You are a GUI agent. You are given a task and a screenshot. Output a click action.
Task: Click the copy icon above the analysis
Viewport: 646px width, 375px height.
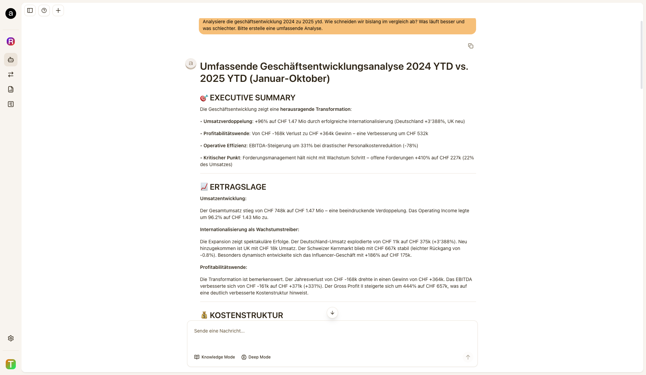coord(471,46)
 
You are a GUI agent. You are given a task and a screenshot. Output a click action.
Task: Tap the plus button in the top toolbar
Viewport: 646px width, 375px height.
coord(58,10)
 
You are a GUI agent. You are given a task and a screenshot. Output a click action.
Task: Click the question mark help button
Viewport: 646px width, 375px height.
coord(44,10)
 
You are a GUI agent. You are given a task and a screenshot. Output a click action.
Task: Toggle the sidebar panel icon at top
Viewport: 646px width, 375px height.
coord(30,10)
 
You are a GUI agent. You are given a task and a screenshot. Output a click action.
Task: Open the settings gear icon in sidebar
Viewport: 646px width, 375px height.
coord(11,338)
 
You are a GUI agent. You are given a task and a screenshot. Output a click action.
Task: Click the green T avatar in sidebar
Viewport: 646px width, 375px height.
coord(11,364)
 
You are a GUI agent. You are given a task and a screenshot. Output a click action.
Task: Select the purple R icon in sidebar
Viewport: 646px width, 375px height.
coord(11,41)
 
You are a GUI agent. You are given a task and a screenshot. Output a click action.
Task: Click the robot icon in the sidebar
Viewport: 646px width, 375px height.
coord(11,60)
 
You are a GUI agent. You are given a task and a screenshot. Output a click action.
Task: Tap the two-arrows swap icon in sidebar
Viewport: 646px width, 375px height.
coord(11,74)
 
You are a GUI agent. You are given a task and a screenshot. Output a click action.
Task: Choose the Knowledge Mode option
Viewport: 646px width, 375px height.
coord(215,357)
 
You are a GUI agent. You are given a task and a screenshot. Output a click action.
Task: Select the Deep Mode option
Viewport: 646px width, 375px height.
coord(256,357)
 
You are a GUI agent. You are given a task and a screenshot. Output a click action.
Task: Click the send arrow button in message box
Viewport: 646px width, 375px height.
coord(468,357)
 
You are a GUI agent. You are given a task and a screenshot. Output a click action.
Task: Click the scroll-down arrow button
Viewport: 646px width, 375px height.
coord(332,313)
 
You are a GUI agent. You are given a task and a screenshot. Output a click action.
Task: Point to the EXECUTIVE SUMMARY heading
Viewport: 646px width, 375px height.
coord(252,98)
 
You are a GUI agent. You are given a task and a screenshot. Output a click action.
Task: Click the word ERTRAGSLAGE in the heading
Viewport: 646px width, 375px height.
coord(238,187)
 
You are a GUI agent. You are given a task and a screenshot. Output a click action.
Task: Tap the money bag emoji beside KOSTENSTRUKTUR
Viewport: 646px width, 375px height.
coord(204,315)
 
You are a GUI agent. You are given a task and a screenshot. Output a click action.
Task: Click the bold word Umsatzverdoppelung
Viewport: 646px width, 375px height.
coord(228,121)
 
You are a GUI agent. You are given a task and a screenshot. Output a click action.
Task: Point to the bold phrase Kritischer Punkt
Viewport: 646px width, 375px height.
coord(222,158)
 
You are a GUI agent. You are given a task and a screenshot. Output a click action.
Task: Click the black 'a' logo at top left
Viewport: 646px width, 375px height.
coord(11,13)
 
